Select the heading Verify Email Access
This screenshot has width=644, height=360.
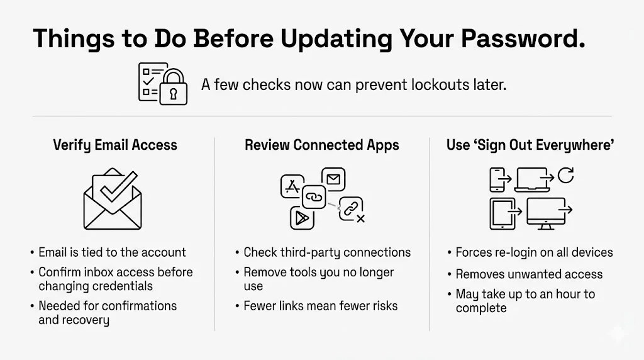[115, 145]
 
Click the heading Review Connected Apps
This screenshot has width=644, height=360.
[321, 145]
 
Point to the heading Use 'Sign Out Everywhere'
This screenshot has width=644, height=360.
[530, 145]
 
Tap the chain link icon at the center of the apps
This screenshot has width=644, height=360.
[313, 197]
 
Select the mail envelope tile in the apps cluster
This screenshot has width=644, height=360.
[333, 179]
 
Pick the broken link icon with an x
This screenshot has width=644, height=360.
[352, 210]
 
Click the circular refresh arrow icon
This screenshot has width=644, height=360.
[565, 176]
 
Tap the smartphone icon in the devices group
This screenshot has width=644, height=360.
[497, 179]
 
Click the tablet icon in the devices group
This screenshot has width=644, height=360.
[502, 214]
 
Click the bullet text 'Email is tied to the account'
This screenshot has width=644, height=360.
[112, 252]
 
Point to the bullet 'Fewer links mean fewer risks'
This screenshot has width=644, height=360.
[321, 307]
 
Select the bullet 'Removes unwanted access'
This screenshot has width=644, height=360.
[529, 274]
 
